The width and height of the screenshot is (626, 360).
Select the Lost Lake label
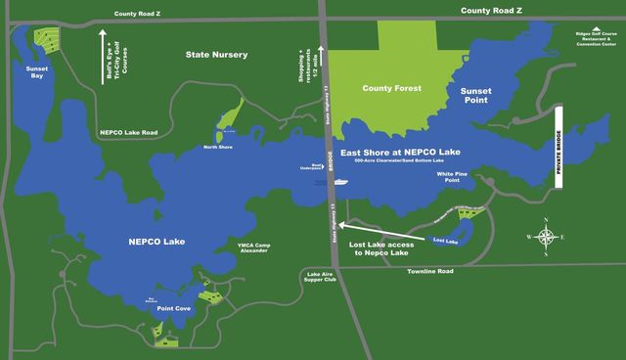445,240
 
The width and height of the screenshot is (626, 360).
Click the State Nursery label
216,56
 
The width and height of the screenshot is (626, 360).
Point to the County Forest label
390,88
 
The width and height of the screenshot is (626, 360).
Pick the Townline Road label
430,271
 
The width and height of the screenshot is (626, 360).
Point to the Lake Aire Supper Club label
321,279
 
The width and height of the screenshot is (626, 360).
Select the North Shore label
218,147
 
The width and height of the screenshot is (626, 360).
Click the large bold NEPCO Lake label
156,241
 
